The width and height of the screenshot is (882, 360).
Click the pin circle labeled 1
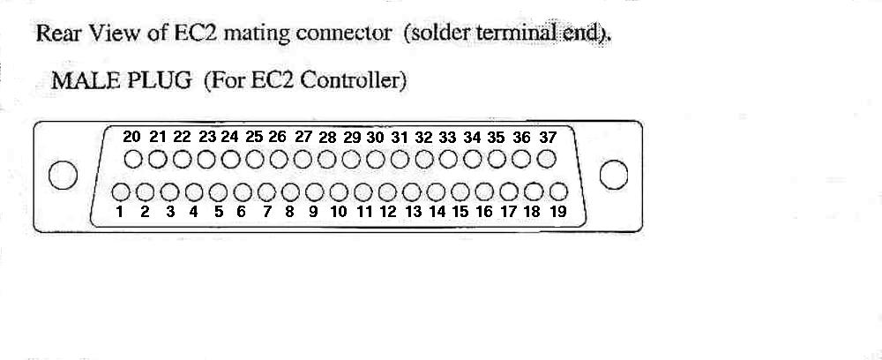(121, 192)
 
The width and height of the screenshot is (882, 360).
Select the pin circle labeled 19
(558, 192)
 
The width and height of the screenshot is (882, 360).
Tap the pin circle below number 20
(133, 160)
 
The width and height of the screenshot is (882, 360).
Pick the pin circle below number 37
(546, 160)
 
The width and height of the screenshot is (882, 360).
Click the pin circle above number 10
(340, 192)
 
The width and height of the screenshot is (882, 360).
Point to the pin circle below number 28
(327, 160)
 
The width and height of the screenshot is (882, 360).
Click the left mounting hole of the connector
(63, 175)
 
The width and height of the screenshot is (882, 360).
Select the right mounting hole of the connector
(614, 175)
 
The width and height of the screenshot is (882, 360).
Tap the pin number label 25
(254, 137)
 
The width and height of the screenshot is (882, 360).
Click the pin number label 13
(414, 212)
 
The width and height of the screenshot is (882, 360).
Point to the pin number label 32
(424, 138)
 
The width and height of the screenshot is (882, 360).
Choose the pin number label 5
(218, 212)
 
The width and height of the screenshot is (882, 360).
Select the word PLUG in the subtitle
(160, 81)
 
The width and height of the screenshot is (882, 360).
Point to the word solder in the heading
(442, 34)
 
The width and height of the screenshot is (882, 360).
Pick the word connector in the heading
(342, 34)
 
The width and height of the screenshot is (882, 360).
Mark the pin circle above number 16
(485, 192)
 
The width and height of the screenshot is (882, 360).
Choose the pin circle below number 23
(206, 160)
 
